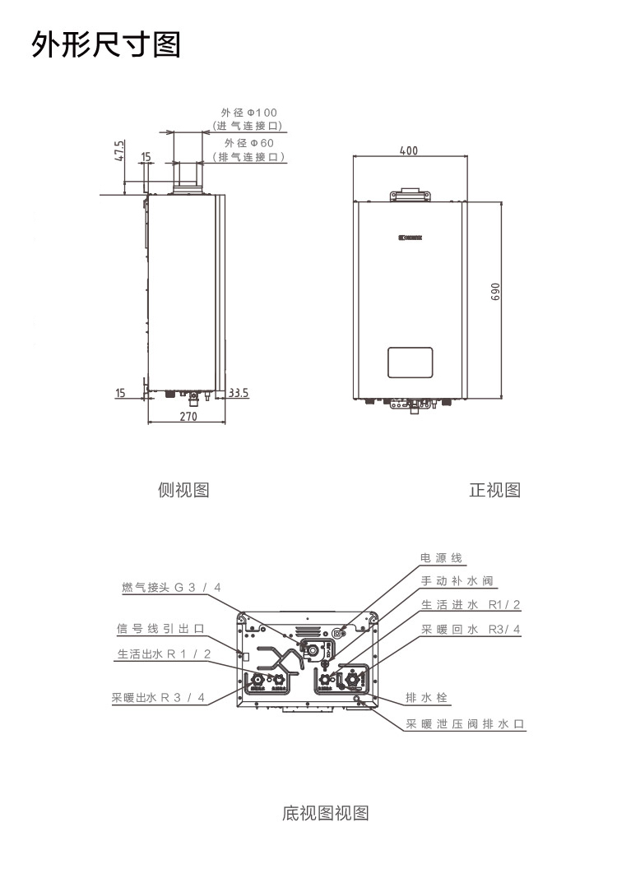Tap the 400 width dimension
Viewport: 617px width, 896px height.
coord(409,150)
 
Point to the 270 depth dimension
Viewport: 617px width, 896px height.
coord(188,417)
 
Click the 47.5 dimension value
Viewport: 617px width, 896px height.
coord(119,152)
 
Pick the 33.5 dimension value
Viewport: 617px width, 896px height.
coord(239,393)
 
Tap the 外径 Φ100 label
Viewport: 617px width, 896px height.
coord(248,112)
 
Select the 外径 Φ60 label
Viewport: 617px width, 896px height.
coord(248,143)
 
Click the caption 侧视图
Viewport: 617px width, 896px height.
coord(183,491)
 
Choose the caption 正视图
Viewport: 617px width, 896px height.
coord(494,491)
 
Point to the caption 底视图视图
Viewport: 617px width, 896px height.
coord(325,814)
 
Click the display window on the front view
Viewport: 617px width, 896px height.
coord(410,362)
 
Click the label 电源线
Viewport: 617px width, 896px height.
coord(441,558)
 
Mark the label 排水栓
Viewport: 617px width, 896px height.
coord(426,698)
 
